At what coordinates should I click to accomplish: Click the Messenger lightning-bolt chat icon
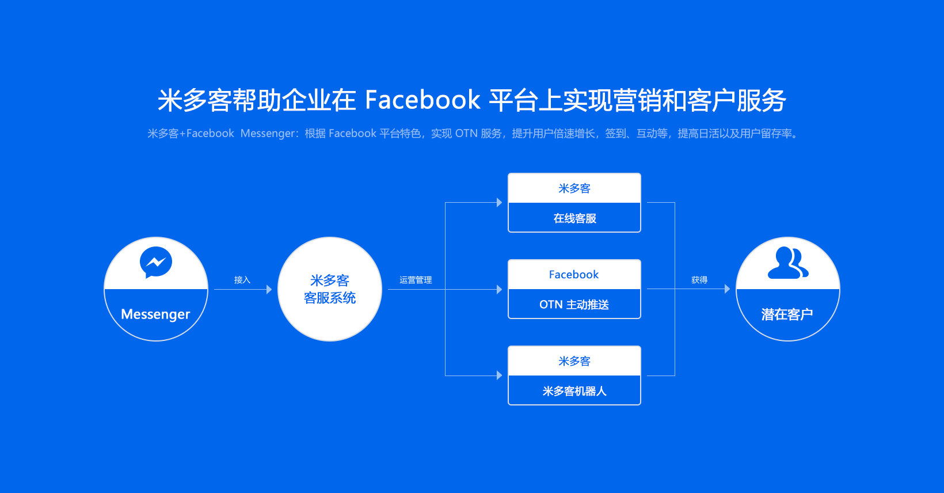[156, 262]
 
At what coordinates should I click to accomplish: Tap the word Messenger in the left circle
[155, 314]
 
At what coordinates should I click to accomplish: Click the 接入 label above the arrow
[242, 279]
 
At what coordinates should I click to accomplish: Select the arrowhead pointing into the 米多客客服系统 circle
[269, 289]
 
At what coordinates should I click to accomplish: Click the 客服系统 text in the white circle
[330, 298]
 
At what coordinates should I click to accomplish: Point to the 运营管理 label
[416, 279]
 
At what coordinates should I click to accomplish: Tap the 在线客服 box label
[575, 218]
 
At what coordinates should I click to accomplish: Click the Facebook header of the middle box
[573, 275]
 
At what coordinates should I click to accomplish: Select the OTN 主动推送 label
[574, 305]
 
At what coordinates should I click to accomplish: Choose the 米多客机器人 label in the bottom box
[574, 391]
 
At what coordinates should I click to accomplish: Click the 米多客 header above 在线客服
[574, 188]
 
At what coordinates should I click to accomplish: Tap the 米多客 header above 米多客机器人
[574, 361]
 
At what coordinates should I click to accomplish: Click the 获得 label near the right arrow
[699, 279]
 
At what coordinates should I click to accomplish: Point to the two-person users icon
[788, 263]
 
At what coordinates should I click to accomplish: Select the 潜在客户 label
[787, 314]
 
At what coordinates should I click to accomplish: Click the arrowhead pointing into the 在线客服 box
[500, 202]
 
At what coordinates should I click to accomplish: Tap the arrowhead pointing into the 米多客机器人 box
[500, 376]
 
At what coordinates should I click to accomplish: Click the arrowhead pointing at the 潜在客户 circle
[727, 289]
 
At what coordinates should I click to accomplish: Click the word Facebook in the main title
[422, 100]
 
